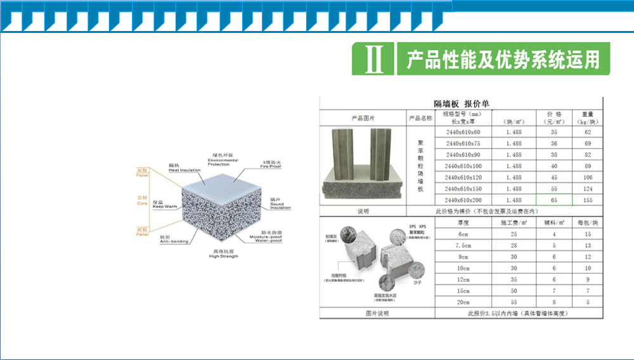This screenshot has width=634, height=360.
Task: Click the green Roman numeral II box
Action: tap(373, 59)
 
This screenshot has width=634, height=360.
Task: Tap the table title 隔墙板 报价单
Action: tap(461, 103)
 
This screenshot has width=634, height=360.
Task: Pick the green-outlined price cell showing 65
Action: tap(554, 200)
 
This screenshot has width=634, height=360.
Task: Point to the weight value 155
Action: tap(588, 200)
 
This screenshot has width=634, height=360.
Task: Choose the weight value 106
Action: tap(588, 177)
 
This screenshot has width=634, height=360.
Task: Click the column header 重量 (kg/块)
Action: tap(588, 118)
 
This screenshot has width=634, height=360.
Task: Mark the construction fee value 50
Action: tap(514, 290)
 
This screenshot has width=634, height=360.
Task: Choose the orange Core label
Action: tap(141, 202)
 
